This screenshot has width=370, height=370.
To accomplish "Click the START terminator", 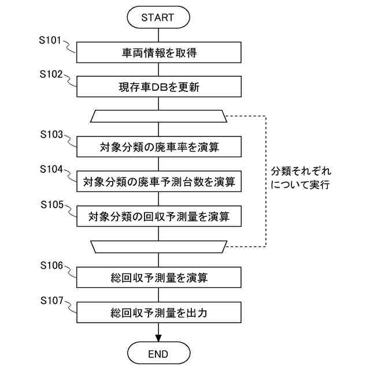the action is click(x=158, y=17).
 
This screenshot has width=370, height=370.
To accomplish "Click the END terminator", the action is click(x=158, y=353).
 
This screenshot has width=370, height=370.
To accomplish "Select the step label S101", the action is click(x=50, y=40).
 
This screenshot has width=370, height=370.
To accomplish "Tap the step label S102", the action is click(x=51, y=75).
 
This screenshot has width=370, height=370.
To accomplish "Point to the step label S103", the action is click(x=51, y=135).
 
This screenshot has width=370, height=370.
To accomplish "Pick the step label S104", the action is click(x=51, y=169).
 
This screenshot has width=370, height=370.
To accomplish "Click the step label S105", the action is click(x=52, y=205).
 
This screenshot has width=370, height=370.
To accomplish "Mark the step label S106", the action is click(x=51, y=265).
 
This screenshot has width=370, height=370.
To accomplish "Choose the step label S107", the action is click(x=51, y=301).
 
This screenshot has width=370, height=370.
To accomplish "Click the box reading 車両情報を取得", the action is click(x=159, y=53).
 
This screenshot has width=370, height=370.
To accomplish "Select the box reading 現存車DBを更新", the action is click(x=159, y=87).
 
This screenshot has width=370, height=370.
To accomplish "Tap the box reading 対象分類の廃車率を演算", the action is click(x=159, y=146).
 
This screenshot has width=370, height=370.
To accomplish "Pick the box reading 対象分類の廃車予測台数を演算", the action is click(x=159, y=182).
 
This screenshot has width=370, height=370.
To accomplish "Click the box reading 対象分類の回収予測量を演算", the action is click(x=159, y=216).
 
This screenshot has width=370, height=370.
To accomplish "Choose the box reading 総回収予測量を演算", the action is click(x=159, y=277).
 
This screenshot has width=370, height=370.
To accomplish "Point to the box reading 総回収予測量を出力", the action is click(x=159, y=312).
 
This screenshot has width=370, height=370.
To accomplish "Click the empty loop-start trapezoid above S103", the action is click(x=158, y=116).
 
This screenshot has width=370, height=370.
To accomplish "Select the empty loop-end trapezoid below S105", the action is click(x=158, y=247).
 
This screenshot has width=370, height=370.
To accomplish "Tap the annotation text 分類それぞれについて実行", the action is click(x=301, y=177).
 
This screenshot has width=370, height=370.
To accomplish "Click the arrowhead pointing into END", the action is click(x=158, y=338).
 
